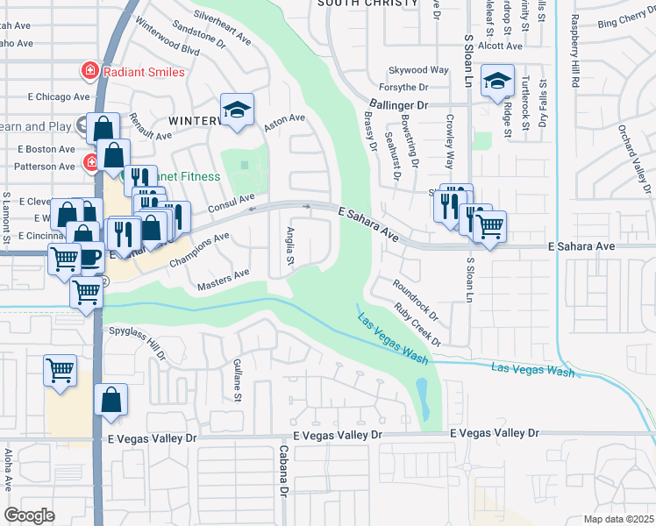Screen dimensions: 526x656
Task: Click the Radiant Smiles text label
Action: pos(144,71)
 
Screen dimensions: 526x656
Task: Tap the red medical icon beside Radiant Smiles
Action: pos(89,70)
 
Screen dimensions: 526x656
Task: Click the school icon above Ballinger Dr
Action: pos(497,83)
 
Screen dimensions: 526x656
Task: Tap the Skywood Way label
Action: pos(418,70)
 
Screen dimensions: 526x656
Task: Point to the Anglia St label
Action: pos(289,249)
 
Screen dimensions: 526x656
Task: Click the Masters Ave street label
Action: pos(224,278)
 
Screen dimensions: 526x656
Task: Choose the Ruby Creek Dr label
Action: pos(417,323)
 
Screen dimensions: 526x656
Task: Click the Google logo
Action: pos(29,515)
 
